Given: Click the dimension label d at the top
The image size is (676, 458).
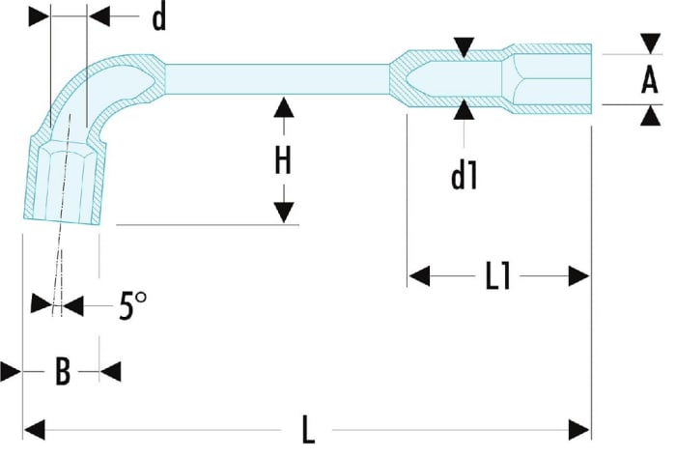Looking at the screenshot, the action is tap(159, 19).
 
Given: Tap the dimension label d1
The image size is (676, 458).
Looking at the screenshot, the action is tap(464, 176).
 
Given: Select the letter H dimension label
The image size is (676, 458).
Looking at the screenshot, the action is tap(283, 160).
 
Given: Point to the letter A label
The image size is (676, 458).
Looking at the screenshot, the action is tap(650, 80).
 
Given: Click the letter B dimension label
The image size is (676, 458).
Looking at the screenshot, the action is tap(63, 371).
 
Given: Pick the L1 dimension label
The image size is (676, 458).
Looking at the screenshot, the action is tap(498, 276).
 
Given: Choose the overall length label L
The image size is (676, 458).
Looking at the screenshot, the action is tap(308, 430).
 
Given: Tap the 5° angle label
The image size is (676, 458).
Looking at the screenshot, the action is tap(132, 305).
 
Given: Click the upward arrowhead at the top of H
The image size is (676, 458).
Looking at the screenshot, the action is tap(283, 107).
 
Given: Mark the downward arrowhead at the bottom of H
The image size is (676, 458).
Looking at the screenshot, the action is tap(284, 213).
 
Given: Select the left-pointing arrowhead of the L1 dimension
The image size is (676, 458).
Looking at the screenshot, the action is tap(419, 276).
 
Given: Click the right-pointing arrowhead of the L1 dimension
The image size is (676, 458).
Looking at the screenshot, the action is tap(579, 276).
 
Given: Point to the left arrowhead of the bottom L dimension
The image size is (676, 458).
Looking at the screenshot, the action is tap(35, 430).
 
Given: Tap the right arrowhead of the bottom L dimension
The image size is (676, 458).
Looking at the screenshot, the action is tap(579, 430).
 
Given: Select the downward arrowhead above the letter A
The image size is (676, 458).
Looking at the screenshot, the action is tap(651, 44).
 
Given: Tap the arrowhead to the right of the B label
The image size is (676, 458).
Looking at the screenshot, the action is tap(110, 371).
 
